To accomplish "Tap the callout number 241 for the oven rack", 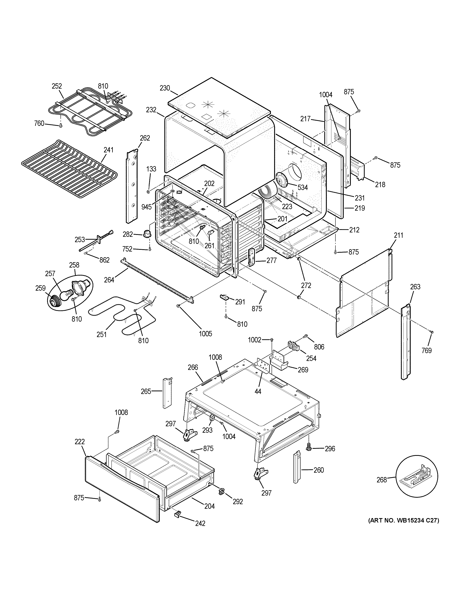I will pyautogui.click(x=108, y=150).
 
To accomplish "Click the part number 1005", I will pyautogui.click(x=205, y=333).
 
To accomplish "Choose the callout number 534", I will pyautogui.click(x=302, y=188).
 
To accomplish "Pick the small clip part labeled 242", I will pyautogui.click(x=177, y=514).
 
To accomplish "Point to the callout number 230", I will pyautogui.click(x=165, y=88).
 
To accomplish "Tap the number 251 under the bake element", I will pyautogui.click(x=101, y=334).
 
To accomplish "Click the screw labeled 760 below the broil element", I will pyautogui.click(x=60, y=126).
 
